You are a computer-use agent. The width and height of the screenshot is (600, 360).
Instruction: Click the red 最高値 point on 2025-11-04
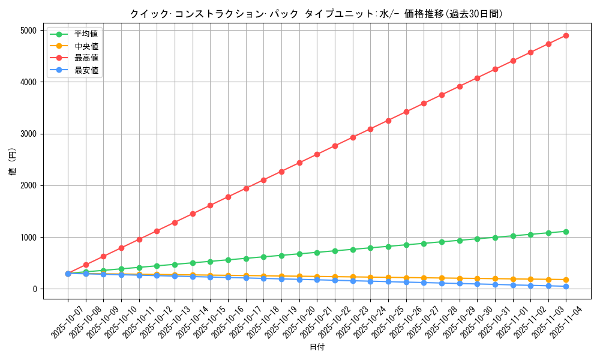point(566,35)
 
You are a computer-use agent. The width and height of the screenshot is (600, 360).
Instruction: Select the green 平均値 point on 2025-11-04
point(566,232)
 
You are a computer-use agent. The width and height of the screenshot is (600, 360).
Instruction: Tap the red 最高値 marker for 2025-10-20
point(299,163)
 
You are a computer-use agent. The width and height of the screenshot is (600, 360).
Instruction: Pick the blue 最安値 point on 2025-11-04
point(566,286)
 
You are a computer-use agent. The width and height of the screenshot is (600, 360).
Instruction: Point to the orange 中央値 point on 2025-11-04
point(566,280)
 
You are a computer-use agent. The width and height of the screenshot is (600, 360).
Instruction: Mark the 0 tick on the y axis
point(35,289)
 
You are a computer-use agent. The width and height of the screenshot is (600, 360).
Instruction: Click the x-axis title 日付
point(317,347)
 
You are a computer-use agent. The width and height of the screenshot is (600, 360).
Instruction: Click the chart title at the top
point(316,14)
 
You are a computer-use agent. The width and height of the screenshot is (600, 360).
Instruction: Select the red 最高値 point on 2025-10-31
point(495,69)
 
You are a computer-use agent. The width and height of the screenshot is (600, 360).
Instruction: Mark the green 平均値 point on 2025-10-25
point(388,247)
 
